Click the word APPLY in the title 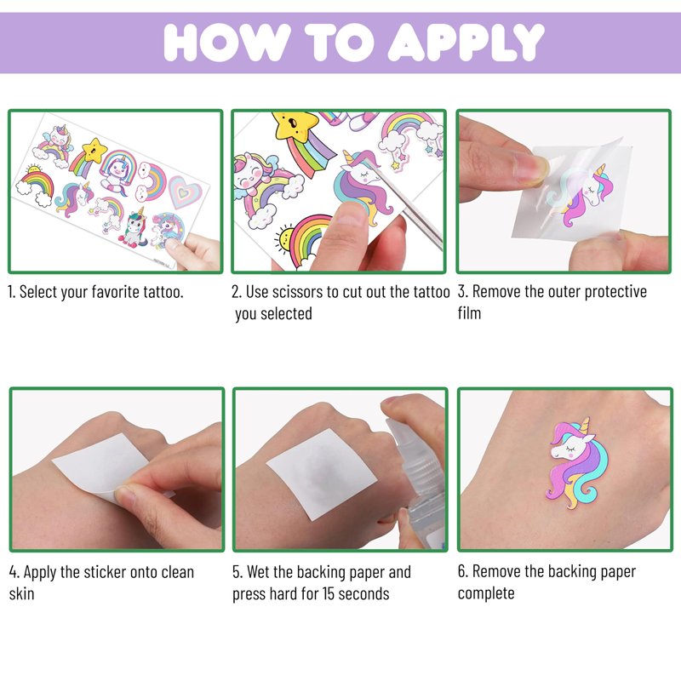[466, 43]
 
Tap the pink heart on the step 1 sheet [185, 192]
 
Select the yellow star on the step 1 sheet [94, 150]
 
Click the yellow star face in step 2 [295, 125]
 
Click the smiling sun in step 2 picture [284, 237]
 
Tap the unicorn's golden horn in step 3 [600, 170]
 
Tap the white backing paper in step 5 [322, 473]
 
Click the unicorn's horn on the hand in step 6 [586, 425]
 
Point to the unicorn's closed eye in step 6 [570, 448]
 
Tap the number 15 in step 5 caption [329, 593]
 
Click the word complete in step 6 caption [486, 593]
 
